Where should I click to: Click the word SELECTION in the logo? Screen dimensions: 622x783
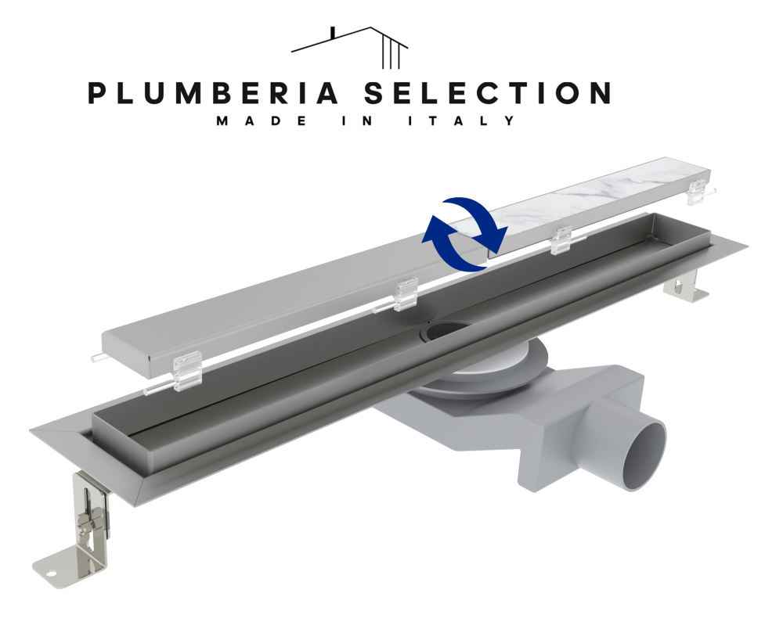tap(487, 93)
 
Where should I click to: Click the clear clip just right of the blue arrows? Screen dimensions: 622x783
tap(561, 240)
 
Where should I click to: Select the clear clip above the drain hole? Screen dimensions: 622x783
tap(406, 294)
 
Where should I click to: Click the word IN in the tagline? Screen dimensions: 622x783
tap(358, 121)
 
